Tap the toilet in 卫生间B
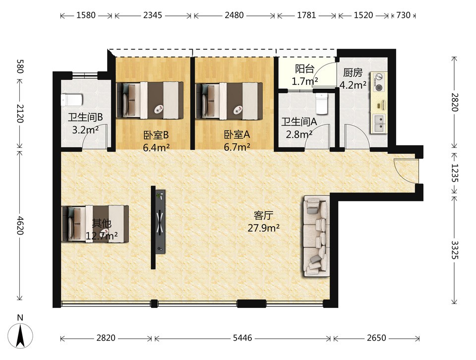(71, 100)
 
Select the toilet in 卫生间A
(322, 104)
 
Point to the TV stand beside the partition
(160, 221)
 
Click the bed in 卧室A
(229, 101)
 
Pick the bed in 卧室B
(150, 100)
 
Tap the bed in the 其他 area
(95, 224)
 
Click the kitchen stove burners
(378, 82)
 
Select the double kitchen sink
(379, 123)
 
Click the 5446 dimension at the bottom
(242, 338)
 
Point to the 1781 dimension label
(306, 15)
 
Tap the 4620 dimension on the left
(20, 225)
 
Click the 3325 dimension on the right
(455, 249)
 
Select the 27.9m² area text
(263, 228)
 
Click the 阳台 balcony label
(304, 69)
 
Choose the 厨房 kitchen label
(353, 72)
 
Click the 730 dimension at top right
(403, 15)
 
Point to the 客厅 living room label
(263, 216)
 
